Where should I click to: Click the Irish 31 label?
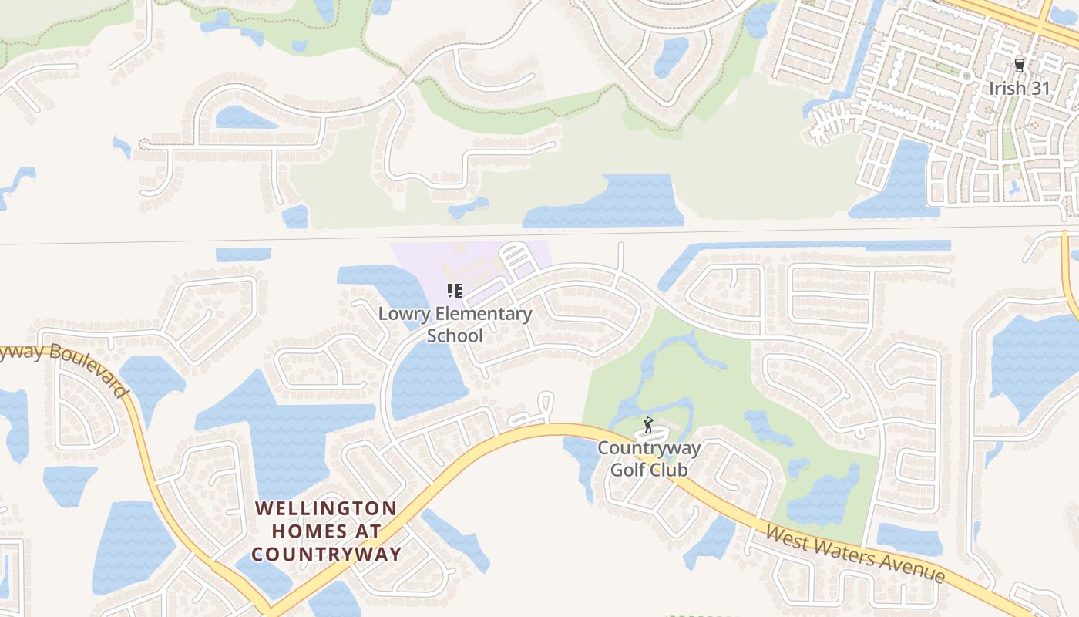pyautogui.click(x=1020, y=88)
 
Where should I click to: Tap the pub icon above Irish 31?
pyautogui.click(x=1020, y=66)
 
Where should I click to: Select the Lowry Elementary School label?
pyautogui.click(x=455, y=325)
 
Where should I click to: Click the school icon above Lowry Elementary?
pyautogui.click(x=455, y=291)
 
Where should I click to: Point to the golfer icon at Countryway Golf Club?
pyautogui.click(x=648, y=425)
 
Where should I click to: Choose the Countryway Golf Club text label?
pyautogui.click(x=649, y=459)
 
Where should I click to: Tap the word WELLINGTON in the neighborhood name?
pyautogui.click(x=326, y=509)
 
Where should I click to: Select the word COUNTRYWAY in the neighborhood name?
pyautogui.click(x=326, y=554)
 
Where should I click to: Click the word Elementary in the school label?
pyautogui.click(x=483, y=314)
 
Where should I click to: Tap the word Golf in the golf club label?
pyautogui.click(x=628, y=470)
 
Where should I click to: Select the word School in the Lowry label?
pyautogui.click(x=455, y=335)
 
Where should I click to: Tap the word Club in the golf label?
pyautogui.click(x=668, y=470)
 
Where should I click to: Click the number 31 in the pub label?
pyautogui.click(x=1040, y=88)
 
